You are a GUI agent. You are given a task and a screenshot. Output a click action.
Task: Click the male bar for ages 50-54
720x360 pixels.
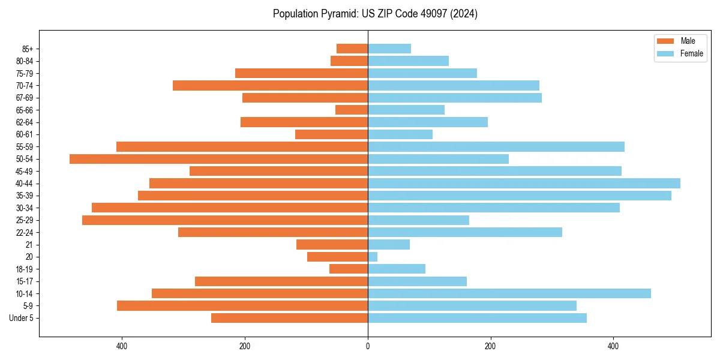coord(218,159)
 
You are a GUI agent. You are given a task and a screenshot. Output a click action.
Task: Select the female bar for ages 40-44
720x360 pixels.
coord(524,183)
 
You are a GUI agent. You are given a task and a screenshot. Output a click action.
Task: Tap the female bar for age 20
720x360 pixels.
coord(373,257)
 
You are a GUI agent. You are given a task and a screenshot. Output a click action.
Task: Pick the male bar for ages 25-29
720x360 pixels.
coord(225,220)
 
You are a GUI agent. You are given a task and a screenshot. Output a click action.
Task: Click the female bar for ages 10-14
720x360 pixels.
coord(509,293)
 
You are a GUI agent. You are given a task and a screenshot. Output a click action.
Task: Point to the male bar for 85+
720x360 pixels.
coord(352,49)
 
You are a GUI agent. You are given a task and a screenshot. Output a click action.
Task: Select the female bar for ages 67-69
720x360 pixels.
coord(455,98)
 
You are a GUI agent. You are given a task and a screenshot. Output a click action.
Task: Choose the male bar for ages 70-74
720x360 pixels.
coord(270,85)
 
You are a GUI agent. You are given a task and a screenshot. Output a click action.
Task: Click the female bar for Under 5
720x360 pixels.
coord(477,318)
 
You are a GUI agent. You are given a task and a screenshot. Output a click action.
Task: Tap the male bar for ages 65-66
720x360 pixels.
coord(352,110)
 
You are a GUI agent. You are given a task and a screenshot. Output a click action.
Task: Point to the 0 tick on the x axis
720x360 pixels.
coord(368,346)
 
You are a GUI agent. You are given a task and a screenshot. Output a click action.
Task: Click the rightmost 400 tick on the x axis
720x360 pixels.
coord(613,346)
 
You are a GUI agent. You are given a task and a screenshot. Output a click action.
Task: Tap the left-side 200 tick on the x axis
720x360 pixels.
coord(245,346)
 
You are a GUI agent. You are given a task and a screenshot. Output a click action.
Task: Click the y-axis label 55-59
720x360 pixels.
coord(25,147)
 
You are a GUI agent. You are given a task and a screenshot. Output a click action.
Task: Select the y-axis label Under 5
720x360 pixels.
coord(22,318)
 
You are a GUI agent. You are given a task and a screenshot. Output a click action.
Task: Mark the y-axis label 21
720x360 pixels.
coord(29,245)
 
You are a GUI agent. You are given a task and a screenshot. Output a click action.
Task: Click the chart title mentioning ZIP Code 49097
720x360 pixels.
coord(375,14)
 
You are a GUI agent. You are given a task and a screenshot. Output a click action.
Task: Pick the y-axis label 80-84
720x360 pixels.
coord(25,61)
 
